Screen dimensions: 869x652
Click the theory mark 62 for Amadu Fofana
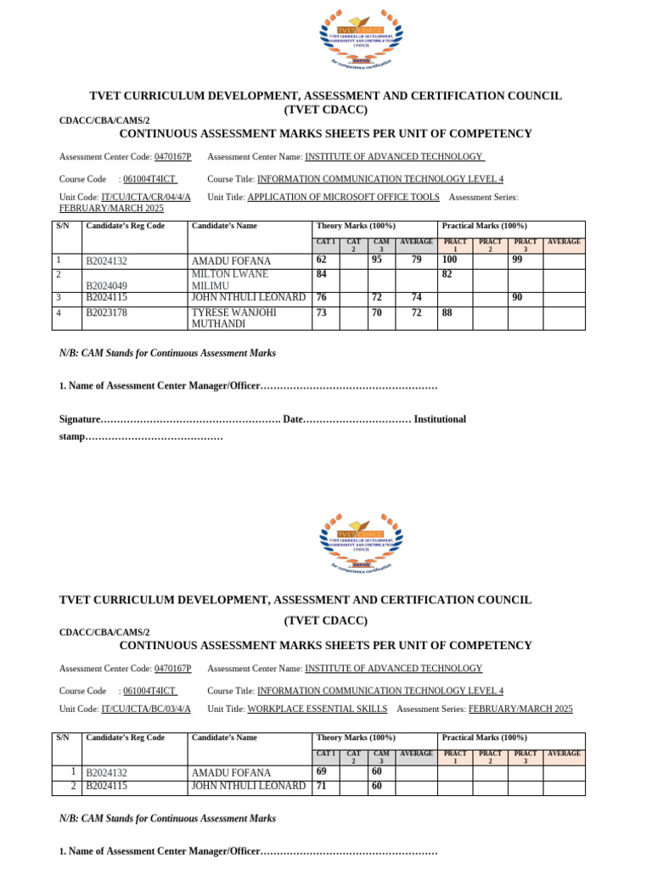[x=322, y=261]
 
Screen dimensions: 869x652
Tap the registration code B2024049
[x=107, y=286]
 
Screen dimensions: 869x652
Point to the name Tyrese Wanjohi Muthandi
[x=233, y=318]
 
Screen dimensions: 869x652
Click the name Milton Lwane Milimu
[x=230, y=280]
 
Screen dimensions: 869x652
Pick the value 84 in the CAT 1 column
[x=322, y=275]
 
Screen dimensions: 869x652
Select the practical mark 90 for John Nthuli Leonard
[x=517, y=298]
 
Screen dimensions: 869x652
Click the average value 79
[x=416, y=261]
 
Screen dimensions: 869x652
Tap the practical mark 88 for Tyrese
[x=447, y=313]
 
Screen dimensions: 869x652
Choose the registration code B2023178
[x=107, y=313]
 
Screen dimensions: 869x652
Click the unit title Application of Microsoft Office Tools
[x=343, y=197]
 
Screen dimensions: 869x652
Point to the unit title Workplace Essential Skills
[x=317, y=709]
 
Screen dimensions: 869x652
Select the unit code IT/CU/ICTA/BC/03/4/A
[x=146, y=709]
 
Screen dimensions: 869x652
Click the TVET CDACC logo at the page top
[x=361, y=38]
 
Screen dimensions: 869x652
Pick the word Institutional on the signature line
[x=440, y=419]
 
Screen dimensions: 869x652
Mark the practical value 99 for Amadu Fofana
[x=517, y=261]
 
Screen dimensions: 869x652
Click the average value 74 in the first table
[x=416, y=298]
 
